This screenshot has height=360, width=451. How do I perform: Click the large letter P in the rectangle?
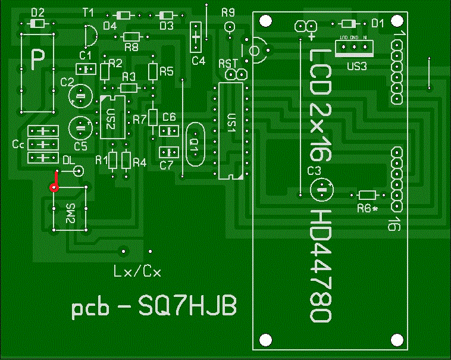click(37, 59)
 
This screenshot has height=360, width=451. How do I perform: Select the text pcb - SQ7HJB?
click(154, 308)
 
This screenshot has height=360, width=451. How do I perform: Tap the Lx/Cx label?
click(137, 272)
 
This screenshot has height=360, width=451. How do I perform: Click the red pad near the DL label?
click(54, 187)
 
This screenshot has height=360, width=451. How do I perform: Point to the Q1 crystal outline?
click(195, 145)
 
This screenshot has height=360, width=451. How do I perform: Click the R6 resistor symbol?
click(368, 195)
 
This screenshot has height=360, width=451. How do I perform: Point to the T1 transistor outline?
click(89, 36)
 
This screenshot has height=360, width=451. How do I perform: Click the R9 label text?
click(228, 11)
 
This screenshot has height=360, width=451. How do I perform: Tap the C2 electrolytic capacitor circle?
click(80, 95)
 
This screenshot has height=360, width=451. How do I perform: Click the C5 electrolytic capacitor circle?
click(80, 126)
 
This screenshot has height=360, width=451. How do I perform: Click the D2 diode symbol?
click(37, 23)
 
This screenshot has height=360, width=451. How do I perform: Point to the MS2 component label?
click(70, 212)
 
